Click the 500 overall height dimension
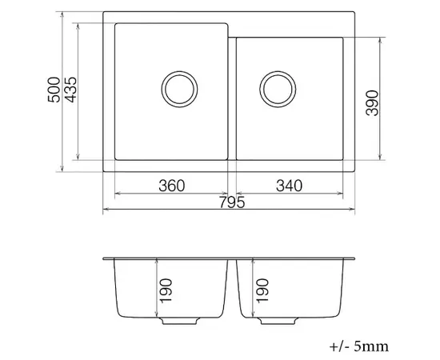[x=54, y=90]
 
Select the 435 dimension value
[x=70, y=90]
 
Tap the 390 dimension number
[x=372, y=103]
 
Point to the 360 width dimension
[x=172, y=186]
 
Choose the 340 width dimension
[x=290, y=186]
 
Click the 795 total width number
[x=232, y=202]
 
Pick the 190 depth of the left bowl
[x=166, y=290]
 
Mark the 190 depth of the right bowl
[x=262, y=290]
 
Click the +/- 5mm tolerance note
[x=359, y=346]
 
